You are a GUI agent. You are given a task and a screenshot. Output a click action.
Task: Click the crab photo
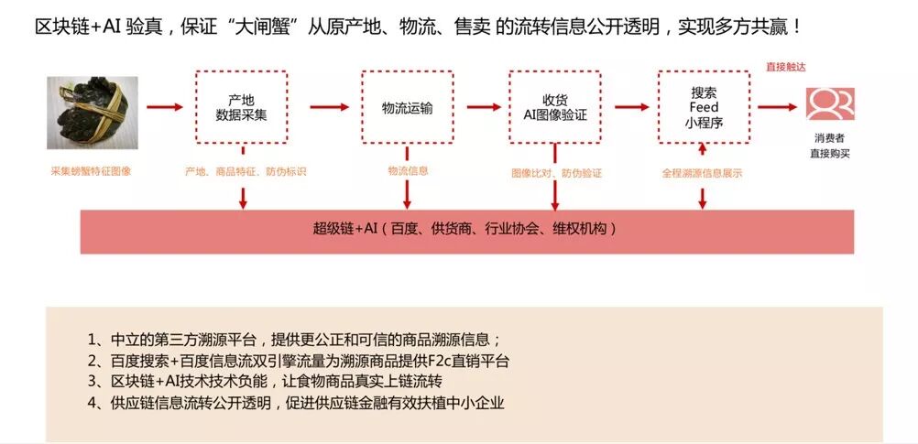[x=92, y=113]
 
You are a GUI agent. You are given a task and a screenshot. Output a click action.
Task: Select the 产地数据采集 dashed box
[x=241, y=107]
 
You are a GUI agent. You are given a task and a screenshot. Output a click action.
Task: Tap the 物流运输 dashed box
[x=407, y=107]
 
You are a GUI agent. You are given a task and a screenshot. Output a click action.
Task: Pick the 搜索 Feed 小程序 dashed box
[x=703, y=107]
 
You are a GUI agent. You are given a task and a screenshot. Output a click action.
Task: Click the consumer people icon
[x=830, y=104]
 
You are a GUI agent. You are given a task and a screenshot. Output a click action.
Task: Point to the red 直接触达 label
[x=785, y=67]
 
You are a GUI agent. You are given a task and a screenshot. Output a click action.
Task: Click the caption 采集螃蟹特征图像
[x=91, y=171]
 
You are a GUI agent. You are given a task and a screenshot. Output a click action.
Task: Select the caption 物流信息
[x=408, y=170]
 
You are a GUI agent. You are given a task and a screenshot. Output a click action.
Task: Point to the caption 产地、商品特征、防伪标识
[x=246, y=171]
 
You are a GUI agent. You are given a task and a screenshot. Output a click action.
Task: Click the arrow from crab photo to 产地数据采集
[x=164, y=107]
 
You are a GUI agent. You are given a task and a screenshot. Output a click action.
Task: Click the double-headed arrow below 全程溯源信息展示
[x=703, y=197]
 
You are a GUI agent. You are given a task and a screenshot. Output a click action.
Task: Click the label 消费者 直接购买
[x=830, y=146]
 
